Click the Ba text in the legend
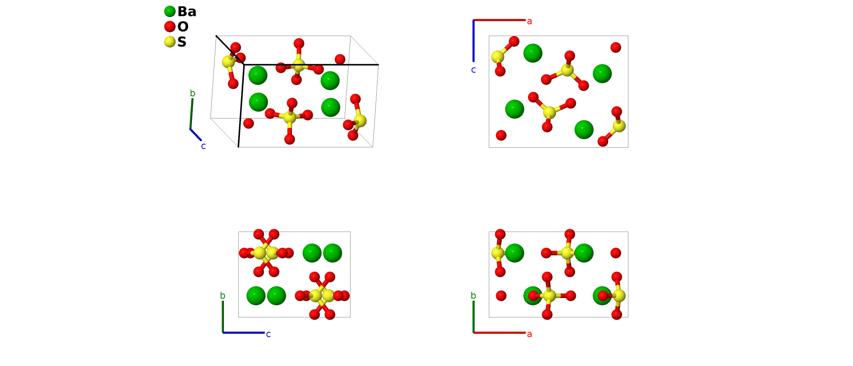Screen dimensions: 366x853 tap(187, 12)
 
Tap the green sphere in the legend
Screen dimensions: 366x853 tap(170, 11)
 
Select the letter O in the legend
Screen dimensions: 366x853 tap(183, 27)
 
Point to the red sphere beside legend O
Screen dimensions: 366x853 tap(170, 27)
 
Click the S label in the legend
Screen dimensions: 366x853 tap(182, 42)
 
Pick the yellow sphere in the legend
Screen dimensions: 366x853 tap(170, 42)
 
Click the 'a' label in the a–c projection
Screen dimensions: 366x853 tap(529, 22)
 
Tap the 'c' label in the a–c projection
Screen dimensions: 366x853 tap(473, 70)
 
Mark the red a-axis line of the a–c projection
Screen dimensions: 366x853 tap(499, 20)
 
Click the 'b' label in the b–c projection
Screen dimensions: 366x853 tap(223, 296)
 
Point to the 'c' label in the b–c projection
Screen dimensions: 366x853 tap(268, 334)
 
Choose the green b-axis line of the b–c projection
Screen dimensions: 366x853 tap(223, 317)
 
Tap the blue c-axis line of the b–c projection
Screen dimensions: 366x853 tap(244, 333)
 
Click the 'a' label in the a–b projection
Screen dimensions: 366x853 tap(529, 334)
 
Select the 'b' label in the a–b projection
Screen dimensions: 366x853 tap(473, 296)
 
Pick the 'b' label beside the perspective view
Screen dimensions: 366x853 tap(193, 93)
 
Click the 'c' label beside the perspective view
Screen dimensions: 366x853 tap(203, 146)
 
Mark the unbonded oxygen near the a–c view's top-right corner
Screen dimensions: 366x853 tap(616, 47)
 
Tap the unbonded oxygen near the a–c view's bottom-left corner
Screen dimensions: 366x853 tap(501, 135)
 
